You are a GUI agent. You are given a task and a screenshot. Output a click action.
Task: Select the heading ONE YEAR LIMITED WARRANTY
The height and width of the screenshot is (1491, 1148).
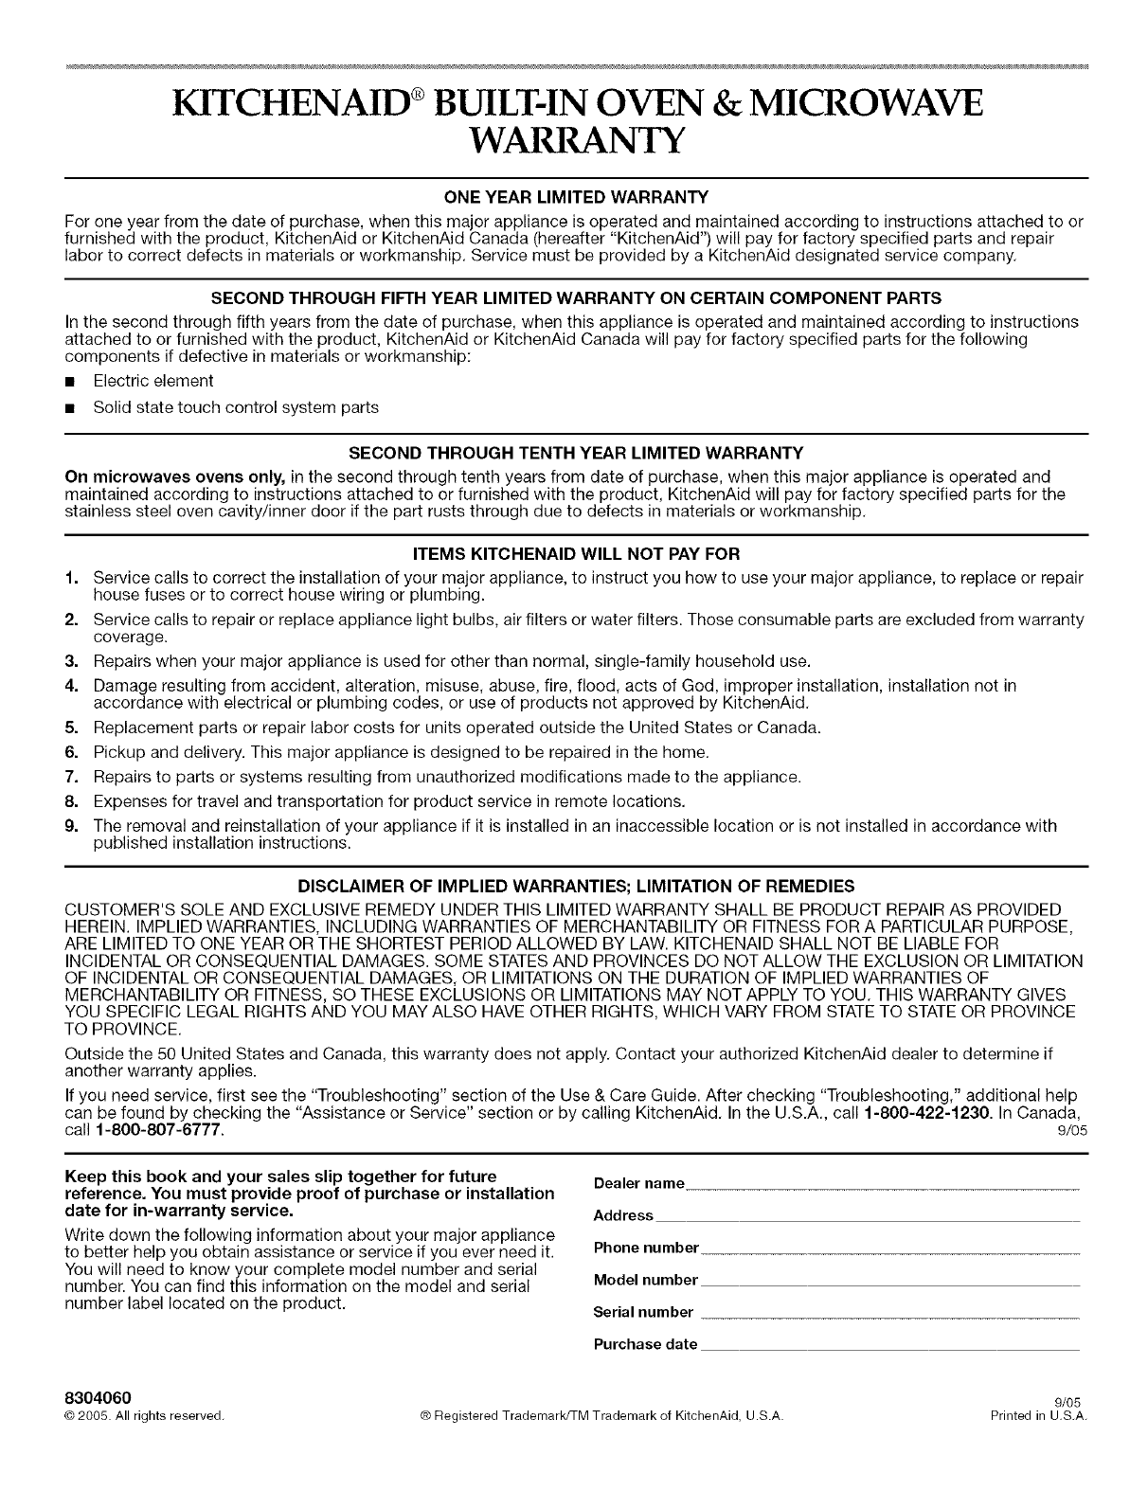[x=574, y=197]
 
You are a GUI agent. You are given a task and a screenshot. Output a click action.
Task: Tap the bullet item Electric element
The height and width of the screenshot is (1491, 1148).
[x=152, y=381]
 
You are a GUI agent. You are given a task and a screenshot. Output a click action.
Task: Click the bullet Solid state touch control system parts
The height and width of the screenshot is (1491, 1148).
[x=235, y=407]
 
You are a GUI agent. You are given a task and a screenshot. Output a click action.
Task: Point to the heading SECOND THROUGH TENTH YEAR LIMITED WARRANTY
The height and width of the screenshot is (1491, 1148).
[x=574, y=452]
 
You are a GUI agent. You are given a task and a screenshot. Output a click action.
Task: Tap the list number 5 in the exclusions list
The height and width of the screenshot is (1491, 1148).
[x=71, y=728]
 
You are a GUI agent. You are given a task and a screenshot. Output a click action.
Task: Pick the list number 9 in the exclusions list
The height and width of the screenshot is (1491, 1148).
[x=71, y=826]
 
